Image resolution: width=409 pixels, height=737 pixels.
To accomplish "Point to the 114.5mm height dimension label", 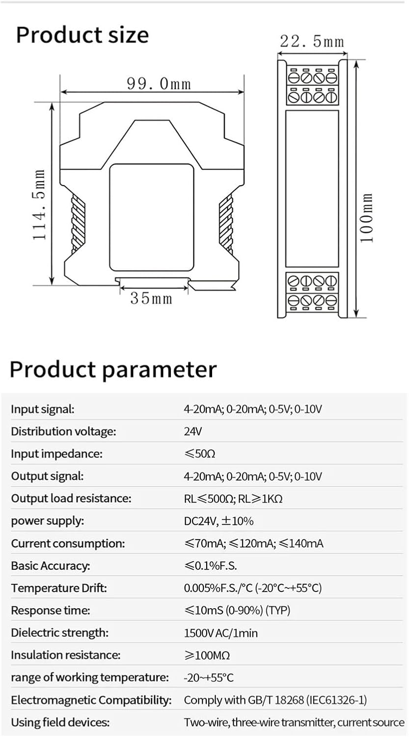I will pyautogui.click(x=40, y=205).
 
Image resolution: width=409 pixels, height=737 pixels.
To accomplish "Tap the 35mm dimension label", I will pyautogui.click(x=151, y=298).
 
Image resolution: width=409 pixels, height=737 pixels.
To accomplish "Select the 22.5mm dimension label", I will pyautogui.click(x=312, y=41).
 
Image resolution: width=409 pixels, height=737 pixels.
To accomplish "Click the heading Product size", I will pyautogui.click(x=82, y=35).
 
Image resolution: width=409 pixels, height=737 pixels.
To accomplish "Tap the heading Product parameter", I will pyautogui.click(x=113, y=369).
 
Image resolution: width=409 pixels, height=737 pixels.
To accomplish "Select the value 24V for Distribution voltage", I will pyautogui.click(x=193, y=431).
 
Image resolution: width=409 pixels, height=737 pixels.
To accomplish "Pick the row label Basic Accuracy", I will pyautogui.click(x=51, y=566).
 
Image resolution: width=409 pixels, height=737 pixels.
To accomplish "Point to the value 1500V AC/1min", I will pyautogui.click(x=220, y=633).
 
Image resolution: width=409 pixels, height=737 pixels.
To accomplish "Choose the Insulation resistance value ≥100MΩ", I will pyautogui.click(x=207, y=655).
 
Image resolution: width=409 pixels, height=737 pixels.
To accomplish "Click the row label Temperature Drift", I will pyautogui.click(x=59, y=588).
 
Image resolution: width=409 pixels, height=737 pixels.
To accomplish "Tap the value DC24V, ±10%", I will pyautogui.click(x=218, y=521).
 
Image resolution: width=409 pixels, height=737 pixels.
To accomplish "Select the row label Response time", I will pyautogui.click(x=51, y=611).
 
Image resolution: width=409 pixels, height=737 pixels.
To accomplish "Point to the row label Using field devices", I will pyautogui.click(x=60, y=722).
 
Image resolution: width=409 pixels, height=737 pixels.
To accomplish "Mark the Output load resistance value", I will pyautogui.click(x=233, y=499).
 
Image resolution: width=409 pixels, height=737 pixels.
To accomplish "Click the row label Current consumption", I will pyautogui.click(x=68, y=543).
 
